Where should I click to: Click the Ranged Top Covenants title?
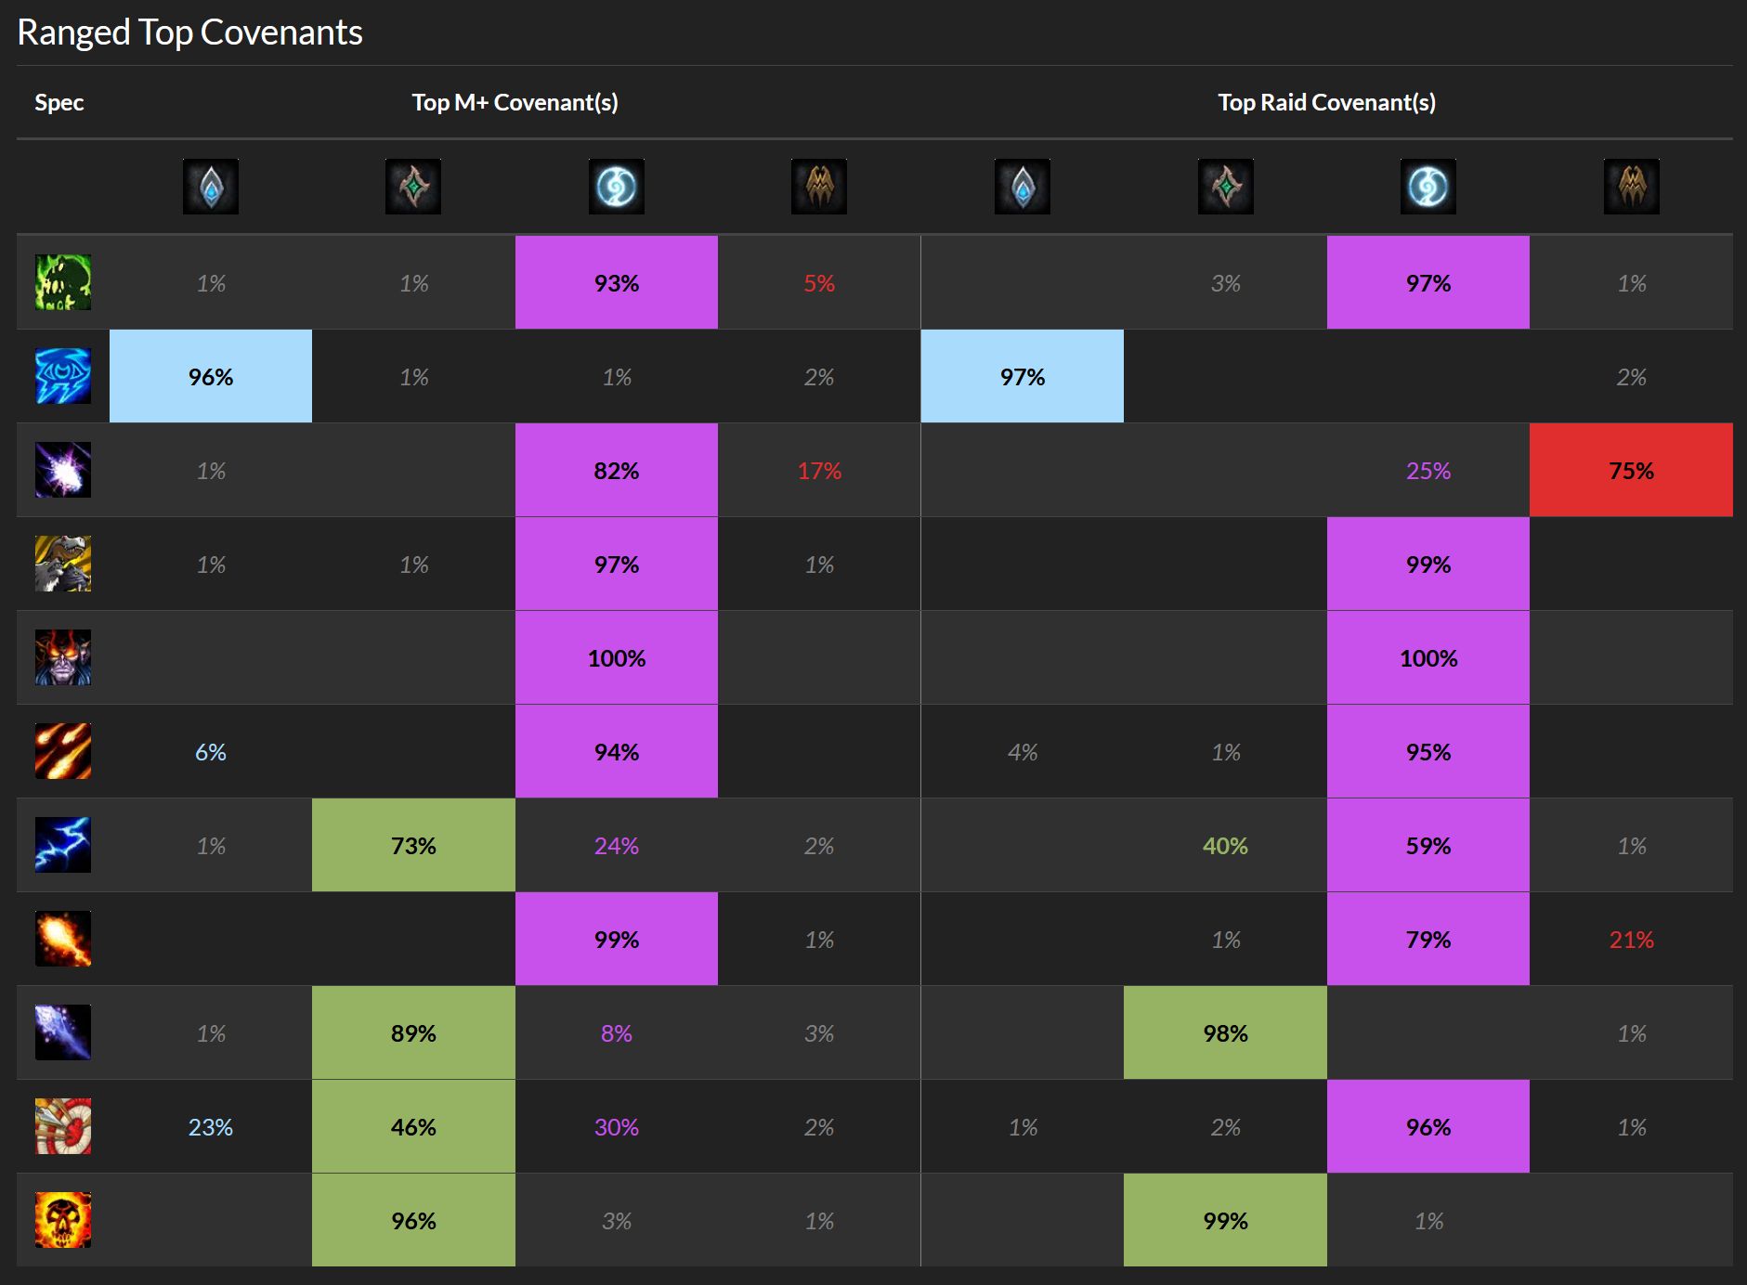189,32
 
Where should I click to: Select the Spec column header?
59,102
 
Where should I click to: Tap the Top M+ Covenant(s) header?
515,102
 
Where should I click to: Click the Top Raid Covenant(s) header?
1326,102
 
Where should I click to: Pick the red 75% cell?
1631,471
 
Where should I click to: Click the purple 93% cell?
616,283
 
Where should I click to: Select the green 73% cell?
413,846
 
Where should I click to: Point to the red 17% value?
819,471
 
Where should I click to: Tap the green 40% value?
1225,846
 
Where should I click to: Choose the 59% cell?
1428,846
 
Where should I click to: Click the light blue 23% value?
211,1127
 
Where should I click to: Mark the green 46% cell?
413,1127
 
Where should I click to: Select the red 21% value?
1631,940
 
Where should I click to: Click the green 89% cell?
413,1033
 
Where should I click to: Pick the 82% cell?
616,471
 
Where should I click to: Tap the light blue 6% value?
211,752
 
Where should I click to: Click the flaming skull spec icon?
63,1220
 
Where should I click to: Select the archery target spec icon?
63,1126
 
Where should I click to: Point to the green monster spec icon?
63,282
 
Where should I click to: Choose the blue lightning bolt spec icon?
63,845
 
